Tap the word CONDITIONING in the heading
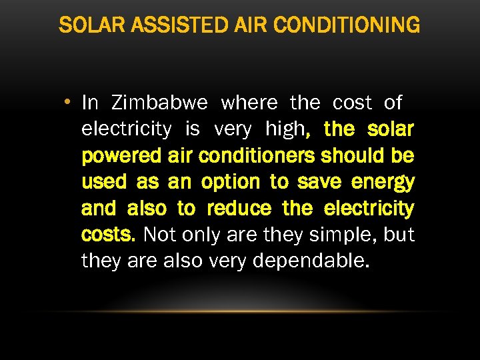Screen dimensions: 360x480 pos(347,25)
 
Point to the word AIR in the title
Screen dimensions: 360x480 pos(251,25)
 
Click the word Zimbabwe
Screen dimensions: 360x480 pos(160,103)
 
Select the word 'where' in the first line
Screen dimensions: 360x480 pos(249,103)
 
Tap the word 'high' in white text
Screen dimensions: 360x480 pos(284,129)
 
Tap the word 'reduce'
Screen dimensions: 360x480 pos(239,209)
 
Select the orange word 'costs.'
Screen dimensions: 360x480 pos(109,235)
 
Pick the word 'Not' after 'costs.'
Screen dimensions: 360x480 pos(157,235)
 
